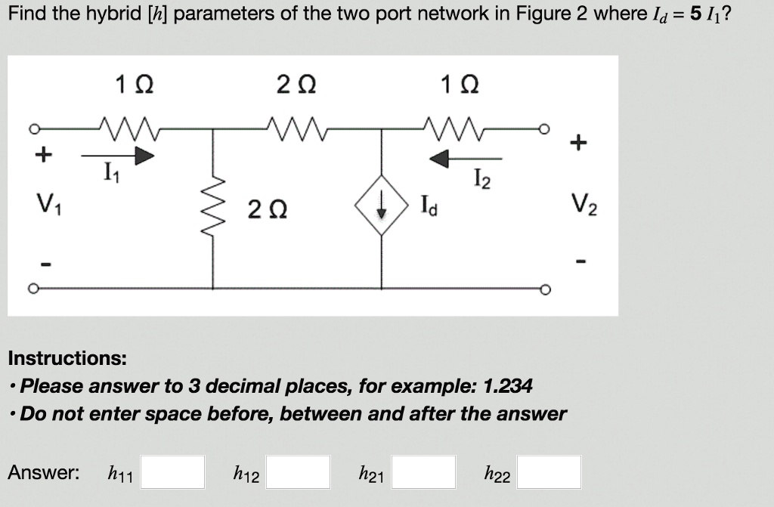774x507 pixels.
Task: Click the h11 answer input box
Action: pyautogui.click(x=173, y=472)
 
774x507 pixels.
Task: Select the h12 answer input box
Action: pyautogui.click(x=298, y=472)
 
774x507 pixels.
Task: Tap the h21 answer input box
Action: pyautogui.click(x=423, y=472)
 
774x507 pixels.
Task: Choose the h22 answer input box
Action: pyautogui.click(x=550, y=472)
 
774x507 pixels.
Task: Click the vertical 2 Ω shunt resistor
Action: pyautogui.click(x=213, y=205)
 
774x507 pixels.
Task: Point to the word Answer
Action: pyautogui.click(x=43, y=473)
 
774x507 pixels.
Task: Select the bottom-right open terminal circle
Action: pyautogui.click(x=544, y=289)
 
